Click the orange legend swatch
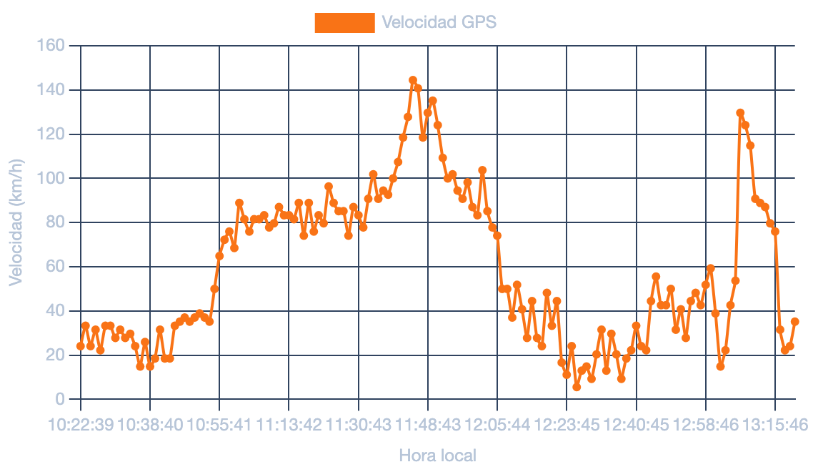click(345, 22)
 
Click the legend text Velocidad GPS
click(439, 22)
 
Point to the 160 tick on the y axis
click(51, 45)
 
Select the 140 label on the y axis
click(51, 90)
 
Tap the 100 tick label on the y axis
click(51, 178)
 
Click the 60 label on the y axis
click(56, 266)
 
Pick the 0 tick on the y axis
click(60, 399)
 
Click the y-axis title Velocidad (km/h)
click(16, 222)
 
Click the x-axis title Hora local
click(438, 456)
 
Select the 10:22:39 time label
click(80, 425)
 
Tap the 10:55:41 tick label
click(219, 425)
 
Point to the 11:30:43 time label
click(359, 425)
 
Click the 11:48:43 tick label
click(428, 425)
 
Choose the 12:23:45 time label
click(567, 425)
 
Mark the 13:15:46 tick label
click(775, 425)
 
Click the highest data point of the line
click(413, 81)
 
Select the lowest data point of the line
click(577, 388)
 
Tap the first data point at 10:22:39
click(80, 346)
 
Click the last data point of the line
click(795, 321)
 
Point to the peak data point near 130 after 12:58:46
click(740, 113)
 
